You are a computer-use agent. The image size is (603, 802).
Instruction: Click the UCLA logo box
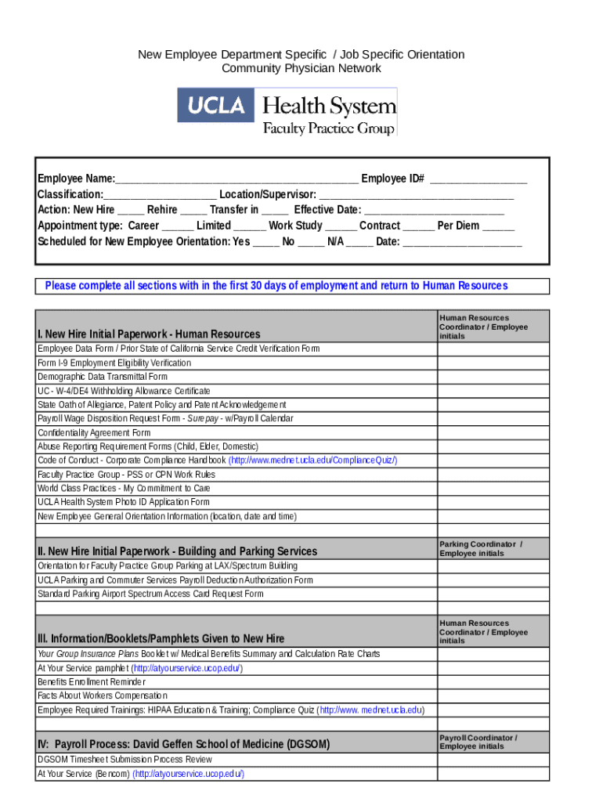(x=216, y=105)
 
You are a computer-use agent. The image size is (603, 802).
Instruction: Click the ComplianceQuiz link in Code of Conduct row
(x=312, y=461)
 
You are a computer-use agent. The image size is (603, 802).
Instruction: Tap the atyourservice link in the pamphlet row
(x=187, y=668)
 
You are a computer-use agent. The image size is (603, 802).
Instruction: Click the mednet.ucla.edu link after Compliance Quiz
(x=372, y=710)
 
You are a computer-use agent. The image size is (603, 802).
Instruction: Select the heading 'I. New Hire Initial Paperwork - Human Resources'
(x=149, y=334)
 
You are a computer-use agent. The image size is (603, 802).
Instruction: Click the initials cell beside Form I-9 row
(x=493, y=363)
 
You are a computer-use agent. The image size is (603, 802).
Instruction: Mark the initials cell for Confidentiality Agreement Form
(x=493, y=432)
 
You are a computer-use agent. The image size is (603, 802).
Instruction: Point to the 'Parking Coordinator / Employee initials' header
(x=480, y=548)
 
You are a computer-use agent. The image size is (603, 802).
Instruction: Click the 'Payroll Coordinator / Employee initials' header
(x=478, y=742)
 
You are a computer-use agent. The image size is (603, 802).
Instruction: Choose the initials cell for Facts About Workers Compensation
(x=493, y=695)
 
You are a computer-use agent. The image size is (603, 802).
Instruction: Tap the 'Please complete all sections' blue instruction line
(x=276, y=286)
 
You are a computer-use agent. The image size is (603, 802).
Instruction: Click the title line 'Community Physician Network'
(x=301, y=68)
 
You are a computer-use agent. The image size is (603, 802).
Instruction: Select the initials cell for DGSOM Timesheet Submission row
(x=493, y=759)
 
